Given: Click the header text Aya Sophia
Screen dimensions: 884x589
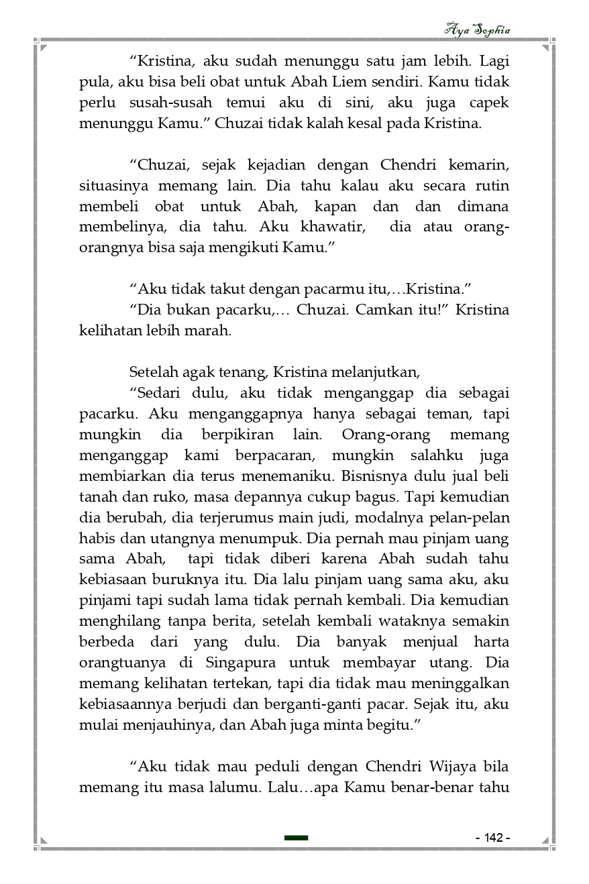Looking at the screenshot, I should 476,30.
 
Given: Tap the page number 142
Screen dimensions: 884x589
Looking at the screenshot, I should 492,838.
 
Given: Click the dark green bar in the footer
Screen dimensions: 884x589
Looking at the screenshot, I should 296,838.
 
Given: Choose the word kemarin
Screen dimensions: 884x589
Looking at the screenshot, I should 479,164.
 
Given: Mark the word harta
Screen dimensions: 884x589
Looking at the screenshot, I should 491,642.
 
